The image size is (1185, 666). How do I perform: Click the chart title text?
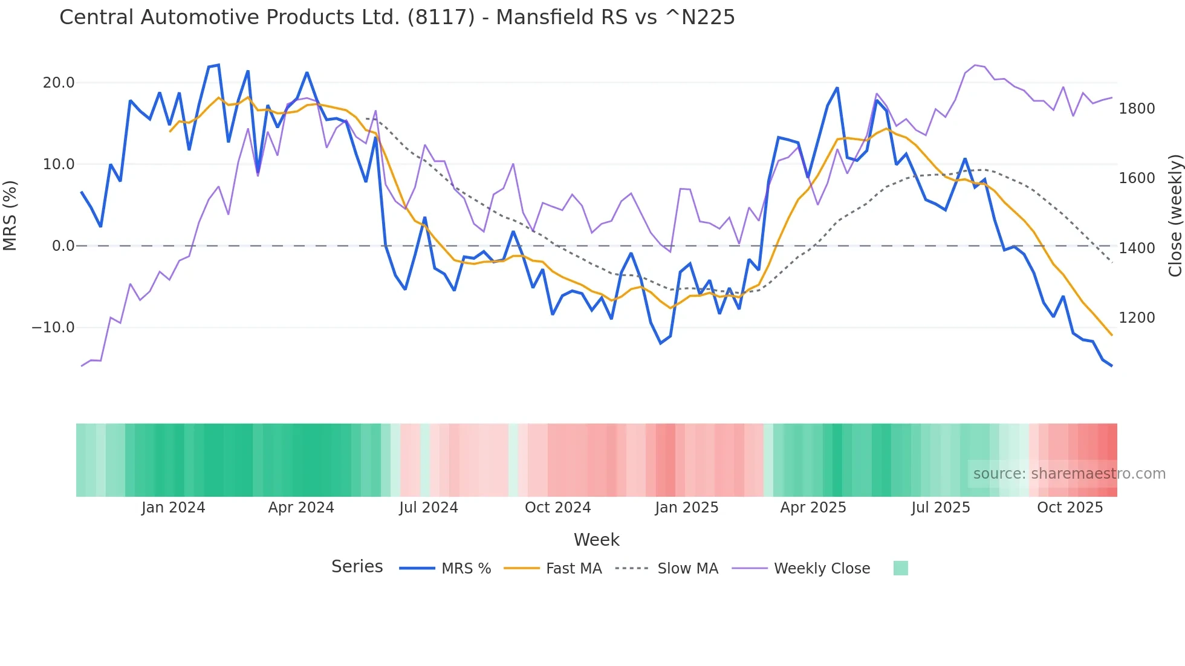tap(397, 17)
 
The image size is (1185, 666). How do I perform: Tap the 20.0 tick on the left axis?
tap(59, 83)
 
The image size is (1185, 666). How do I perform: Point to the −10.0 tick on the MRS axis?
tap(53, 328)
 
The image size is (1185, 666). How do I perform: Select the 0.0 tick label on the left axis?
tap(63, 246)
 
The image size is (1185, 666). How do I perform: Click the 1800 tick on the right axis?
tap(1137, 109)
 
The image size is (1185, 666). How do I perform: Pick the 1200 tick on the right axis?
tap(1137, 318)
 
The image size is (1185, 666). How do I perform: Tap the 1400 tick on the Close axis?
tap(1137, 248)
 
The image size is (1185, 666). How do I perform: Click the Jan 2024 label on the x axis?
tap(173, 508)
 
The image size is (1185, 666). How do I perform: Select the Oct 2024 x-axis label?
tap(557, 508)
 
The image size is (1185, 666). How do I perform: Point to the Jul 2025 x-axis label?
tap(940, 508)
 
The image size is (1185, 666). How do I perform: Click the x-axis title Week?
tap(596, 540)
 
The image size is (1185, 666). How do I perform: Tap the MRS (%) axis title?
tap(10, 215)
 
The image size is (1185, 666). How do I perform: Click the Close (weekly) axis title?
tap(1175, 215)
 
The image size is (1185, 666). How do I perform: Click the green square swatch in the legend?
tap(900, 568)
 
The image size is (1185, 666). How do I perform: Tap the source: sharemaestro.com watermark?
tap(1069, 474)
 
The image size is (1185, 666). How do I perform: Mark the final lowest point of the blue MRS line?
tap(1111, 366)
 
